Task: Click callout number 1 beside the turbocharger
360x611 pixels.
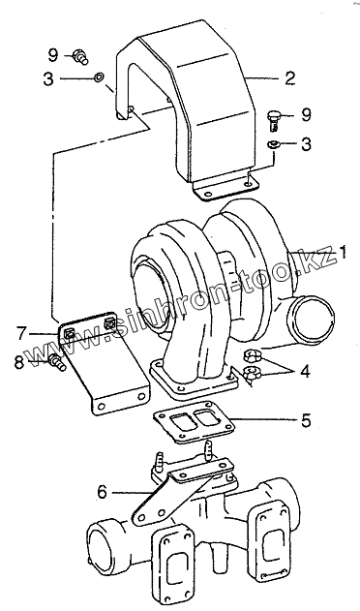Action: [343, 253]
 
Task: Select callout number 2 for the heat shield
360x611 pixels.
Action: [290, 78]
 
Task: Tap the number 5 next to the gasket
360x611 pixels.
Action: [306, 420]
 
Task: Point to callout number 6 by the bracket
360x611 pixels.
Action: [102, 492]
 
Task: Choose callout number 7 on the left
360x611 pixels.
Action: [21, 333]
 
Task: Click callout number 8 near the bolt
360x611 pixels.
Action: [18, 363]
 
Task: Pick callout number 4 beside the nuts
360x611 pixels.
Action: [305, 372]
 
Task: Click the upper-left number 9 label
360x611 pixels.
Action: [53, 55]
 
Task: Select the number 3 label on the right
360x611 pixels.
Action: [306, 143]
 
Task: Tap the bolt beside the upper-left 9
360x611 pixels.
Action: [80, 56]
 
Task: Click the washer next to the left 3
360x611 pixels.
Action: [99, 77]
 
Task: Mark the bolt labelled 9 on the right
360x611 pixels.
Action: [275, 120]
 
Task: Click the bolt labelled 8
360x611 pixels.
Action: [57, 363]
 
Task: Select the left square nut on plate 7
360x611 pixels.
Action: [69, 333]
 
